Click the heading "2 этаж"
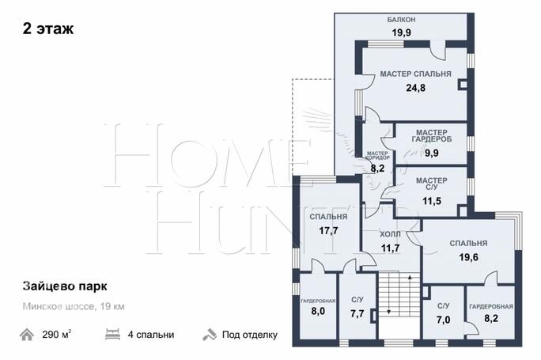click(x=48, y=28)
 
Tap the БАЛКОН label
click(x=401, y=20)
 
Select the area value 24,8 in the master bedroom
click(x=415, y=88)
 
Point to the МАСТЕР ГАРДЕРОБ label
click(x=432, y=135)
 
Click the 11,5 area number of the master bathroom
click(x=432, y=200)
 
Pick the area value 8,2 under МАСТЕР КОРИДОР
click(x=377, y=169)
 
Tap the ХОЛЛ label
click(x=390, y=234)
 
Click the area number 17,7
click(x=328, y=230)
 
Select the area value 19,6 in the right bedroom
click(x=468, y=257)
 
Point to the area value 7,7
click(x=357, y=314)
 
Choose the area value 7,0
click(x=443, y=320)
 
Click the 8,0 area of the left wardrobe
click(x=318, y=311)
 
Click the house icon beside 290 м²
click(x=27, y=335)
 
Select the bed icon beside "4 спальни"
click(x=112, y=335)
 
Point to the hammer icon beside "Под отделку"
click(x=210, y=335)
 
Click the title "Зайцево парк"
click(x=65, y=286)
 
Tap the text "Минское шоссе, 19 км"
click(x=74, y=306)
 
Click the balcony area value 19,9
click(x=401, y=32)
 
